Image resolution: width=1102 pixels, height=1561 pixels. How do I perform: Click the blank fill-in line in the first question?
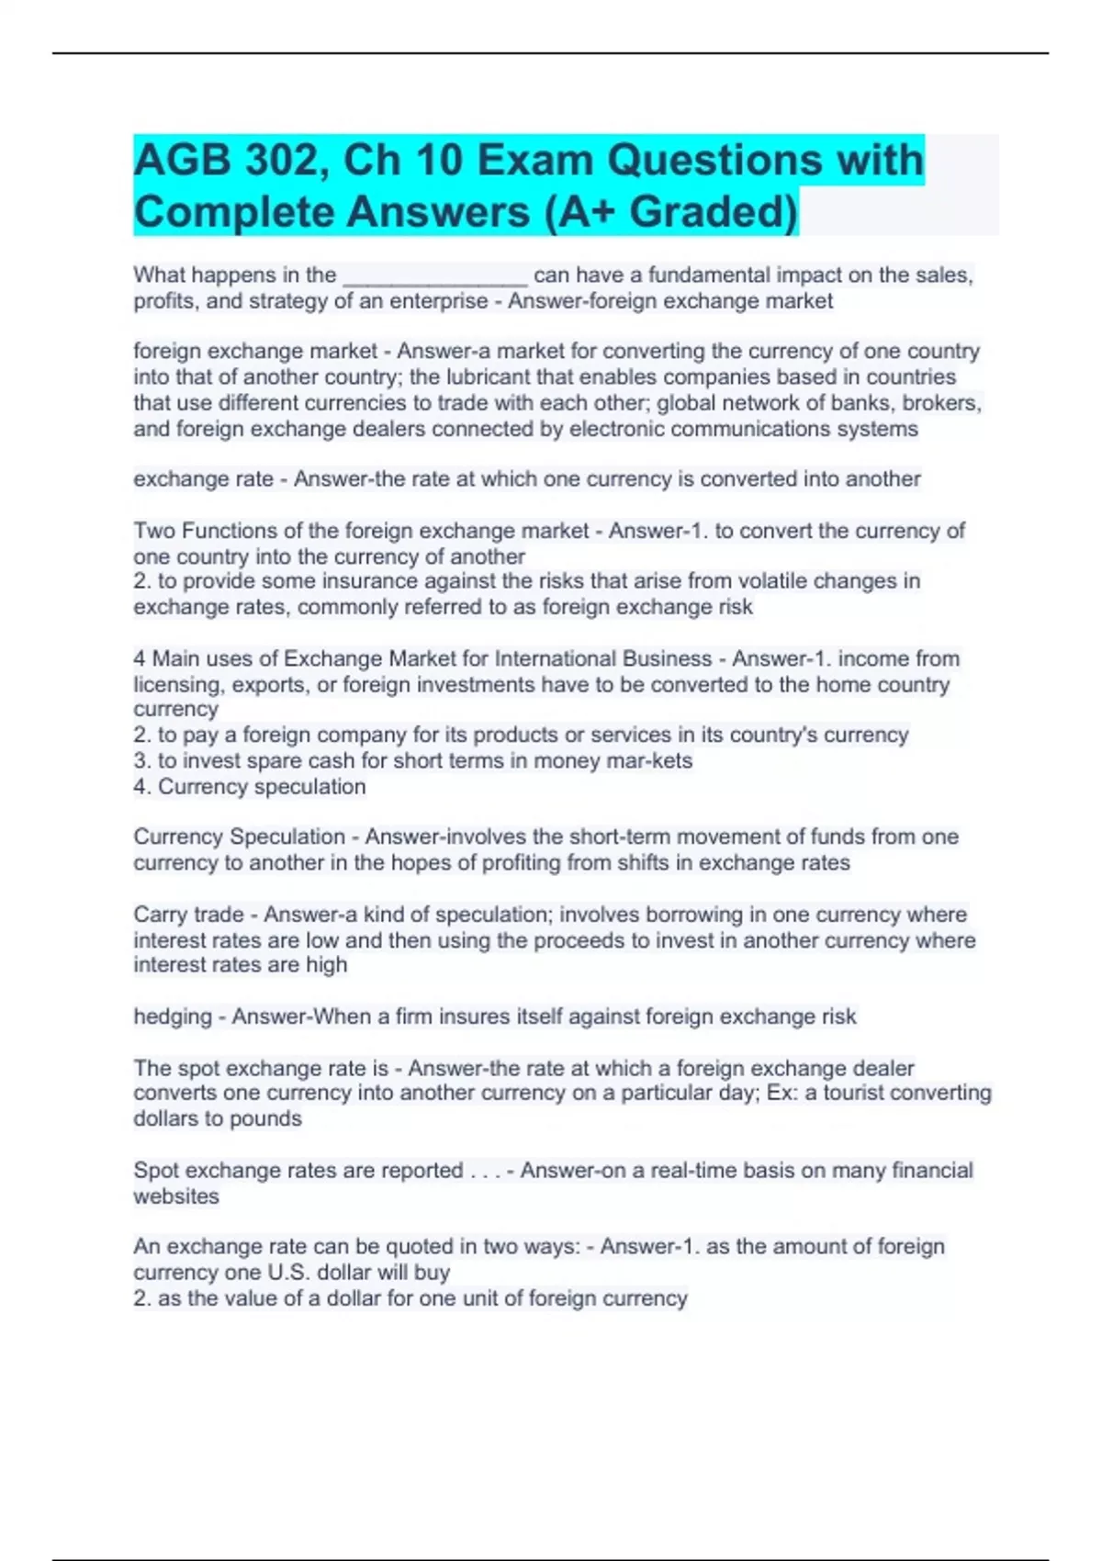[434, 275]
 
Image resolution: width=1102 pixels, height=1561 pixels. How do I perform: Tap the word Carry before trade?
[160, 915]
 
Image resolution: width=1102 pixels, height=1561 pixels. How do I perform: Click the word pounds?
[265, 1119]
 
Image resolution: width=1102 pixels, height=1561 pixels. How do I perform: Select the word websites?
[176, 1196]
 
